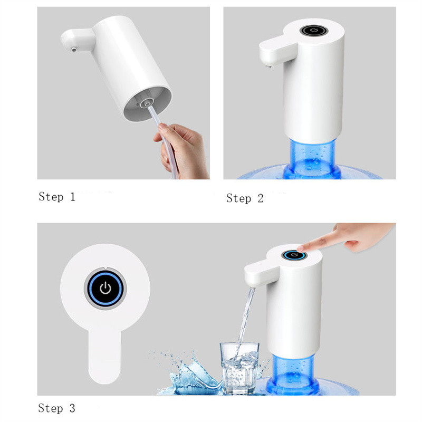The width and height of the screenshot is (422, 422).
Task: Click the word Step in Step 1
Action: click(51, 197)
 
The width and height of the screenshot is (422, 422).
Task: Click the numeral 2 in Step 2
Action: click(260, 199)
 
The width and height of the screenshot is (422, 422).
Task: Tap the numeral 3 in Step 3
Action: click(72, 408)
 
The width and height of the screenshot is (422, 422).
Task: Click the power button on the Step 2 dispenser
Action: click(314, 31)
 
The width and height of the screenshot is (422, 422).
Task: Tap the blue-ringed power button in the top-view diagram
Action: click(105, 289)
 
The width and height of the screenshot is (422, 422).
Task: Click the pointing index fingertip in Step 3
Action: click(300, 248)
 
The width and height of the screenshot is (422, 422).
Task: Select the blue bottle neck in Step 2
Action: click(312, 158)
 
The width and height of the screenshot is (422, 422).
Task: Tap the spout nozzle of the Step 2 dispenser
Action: click(268, 64)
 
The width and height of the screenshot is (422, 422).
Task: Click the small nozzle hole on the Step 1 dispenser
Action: click(73, 50)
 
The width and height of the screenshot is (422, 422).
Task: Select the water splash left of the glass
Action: click(188, 374)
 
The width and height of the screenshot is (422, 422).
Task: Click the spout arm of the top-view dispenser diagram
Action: click(104, 355)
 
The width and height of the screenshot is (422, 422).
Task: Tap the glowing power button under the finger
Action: click(294, 255)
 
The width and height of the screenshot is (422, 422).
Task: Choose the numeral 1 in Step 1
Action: click(72, 197)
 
